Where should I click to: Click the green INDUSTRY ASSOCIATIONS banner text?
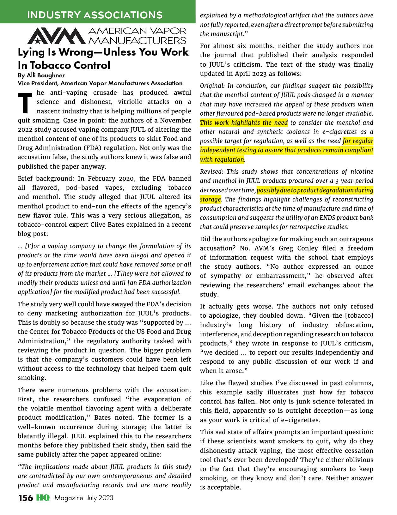[x=95, y=15]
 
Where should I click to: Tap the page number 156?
[x=26, y=498]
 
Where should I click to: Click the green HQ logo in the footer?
[x=43, y=498]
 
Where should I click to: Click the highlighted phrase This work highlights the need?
[x=244, y=123]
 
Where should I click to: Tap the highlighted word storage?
[x=210, y=200]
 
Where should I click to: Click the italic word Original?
[x=212, y=86]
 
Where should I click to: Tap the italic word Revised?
[x=211, y=172]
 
